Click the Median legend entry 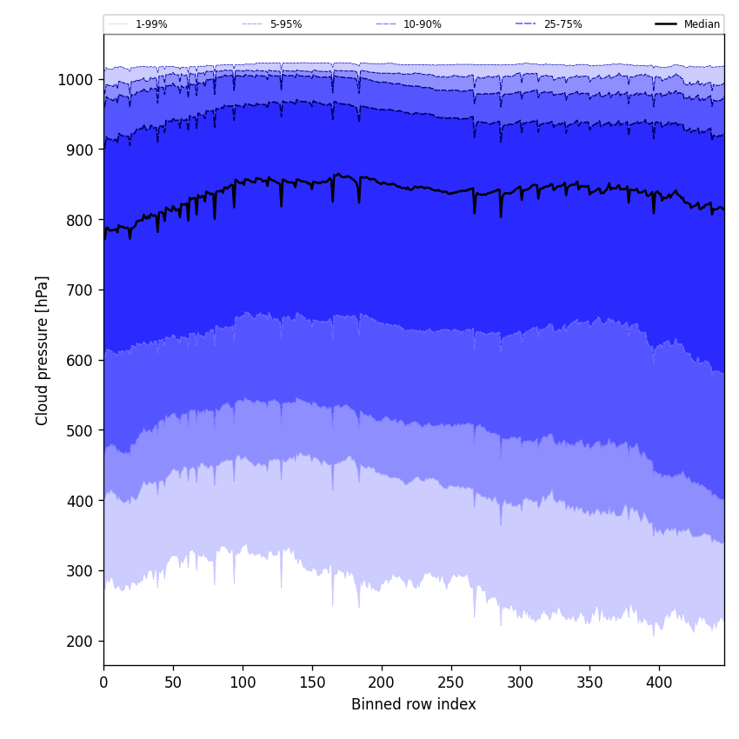coord(701,24)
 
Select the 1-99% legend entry coord(151,24)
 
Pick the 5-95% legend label coord(286,24)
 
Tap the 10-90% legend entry coord(422,24)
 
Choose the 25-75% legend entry coord(563,24)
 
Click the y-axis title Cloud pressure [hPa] coord(43,350)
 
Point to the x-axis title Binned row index coord(414,704)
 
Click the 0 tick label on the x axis coord(103,682)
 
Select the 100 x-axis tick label coord(243,682)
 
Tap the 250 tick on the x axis coord(450,682)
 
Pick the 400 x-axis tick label coord(659,682)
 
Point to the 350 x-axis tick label coord(589,682)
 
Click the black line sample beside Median coord(667,24)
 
